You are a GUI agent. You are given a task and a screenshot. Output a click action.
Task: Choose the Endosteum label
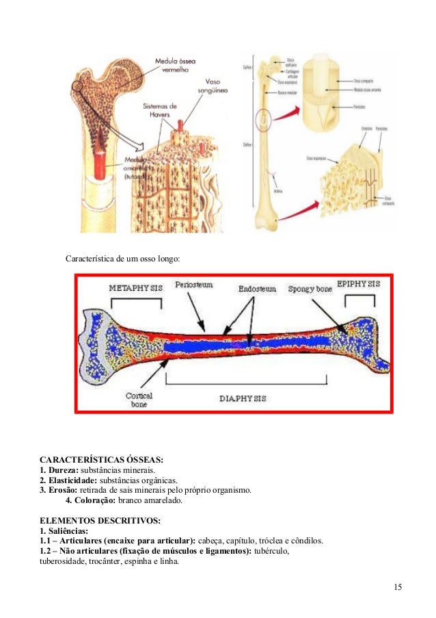pos(257,289)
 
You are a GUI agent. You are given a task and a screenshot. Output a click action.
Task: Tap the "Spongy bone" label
pos(310,289)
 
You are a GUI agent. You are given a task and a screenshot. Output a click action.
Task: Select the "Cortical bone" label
pos(139,399)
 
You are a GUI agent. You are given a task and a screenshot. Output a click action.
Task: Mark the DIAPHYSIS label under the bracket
pos(243,398)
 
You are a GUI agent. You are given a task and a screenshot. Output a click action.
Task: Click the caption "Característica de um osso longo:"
pos(122,260)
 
